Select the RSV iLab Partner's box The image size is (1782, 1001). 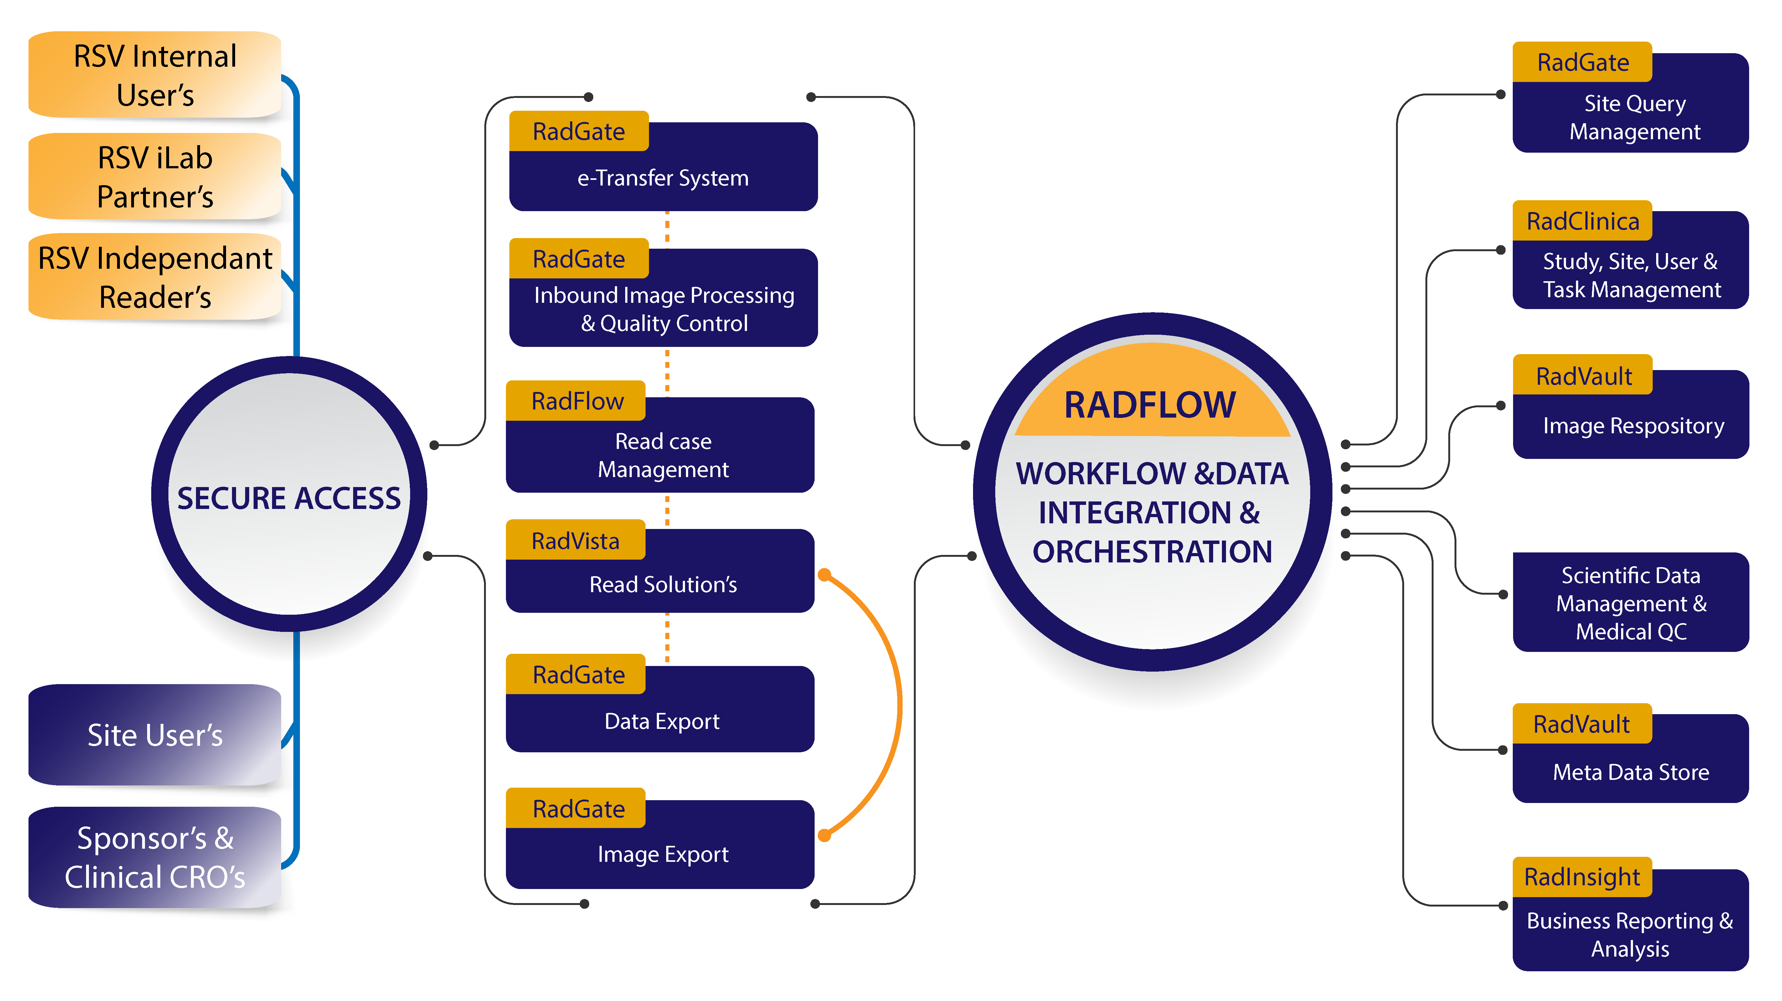coord(155,177)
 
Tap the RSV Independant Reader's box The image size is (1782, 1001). coord(155,277)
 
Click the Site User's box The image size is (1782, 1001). coord(155,735)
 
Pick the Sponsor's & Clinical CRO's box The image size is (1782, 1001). coord(155,857)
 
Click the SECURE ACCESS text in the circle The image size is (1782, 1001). coord(288,498)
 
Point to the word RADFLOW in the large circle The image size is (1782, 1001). coord(1150,405)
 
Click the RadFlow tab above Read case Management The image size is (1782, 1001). coord(577,401)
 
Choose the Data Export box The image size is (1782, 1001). coord(661,721)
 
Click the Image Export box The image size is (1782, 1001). coord(663,854)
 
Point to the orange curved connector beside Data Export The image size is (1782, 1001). coord(898,705)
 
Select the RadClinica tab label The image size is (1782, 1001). coord(1583,221)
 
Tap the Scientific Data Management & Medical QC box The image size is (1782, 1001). coord(1630,603)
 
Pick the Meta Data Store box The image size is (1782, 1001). coord(1630,771)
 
